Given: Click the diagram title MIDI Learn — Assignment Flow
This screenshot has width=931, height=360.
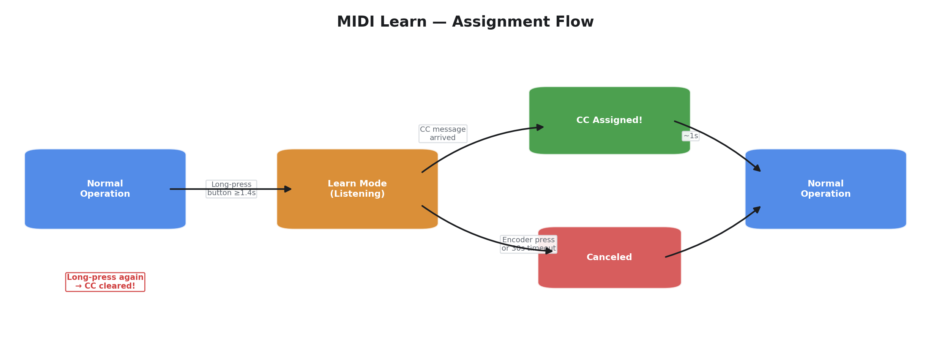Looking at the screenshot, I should [x=465, y=22].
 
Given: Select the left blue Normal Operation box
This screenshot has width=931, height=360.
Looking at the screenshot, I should [x=105, y=189].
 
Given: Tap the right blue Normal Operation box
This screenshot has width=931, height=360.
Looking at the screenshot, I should [x=825, y=189].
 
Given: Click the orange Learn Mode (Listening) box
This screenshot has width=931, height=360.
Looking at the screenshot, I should [x=357, y=189].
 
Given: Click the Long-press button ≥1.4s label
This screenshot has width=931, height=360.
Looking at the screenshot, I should [x=231, y=189].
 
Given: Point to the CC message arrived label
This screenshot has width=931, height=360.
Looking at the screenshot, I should [x=443, y=134].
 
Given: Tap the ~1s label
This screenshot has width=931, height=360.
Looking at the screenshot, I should [x=690, y=136].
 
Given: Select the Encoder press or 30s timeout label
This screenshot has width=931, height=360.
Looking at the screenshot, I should [x=528, y=244].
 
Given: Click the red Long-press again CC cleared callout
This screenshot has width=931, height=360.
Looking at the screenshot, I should [x=105, y=282].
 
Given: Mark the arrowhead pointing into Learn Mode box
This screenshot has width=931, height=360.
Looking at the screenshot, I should [x=289, y=189].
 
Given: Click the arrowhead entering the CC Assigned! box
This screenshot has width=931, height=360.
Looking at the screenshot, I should [x=540, y=127].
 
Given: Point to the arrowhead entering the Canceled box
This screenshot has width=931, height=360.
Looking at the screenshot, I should [x=549, y=251].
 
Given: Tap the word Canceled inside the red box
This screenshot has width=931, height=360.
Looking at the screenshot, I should [x=609, y=257].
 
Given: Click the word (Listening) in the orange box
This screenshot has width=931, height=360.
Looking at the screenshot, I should [x=357, y=194].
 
